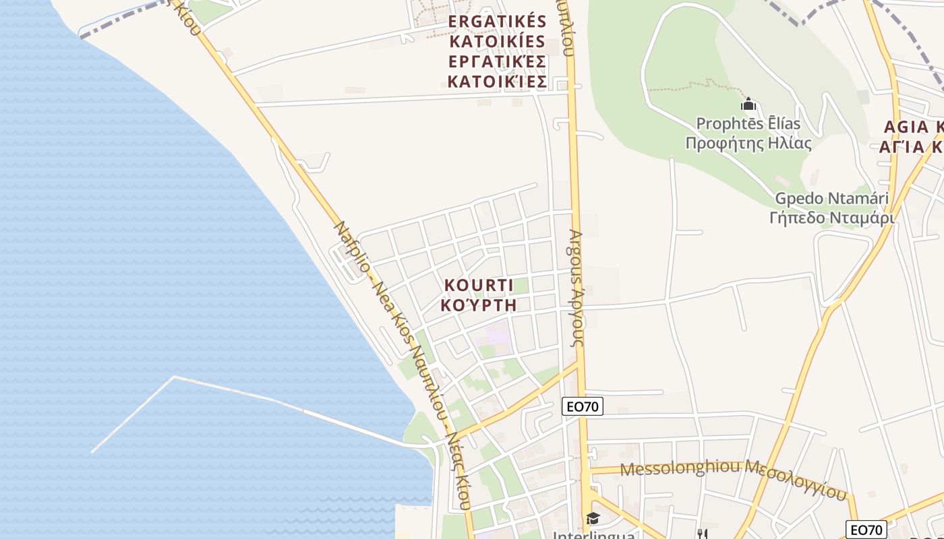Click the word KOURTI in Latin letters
pyautogui.click(x=478, y=285)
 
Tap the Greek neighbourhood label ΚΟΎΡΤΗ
pyautogui.click(x=478, y=305)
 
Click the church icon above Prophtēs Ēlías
pyautogui.click(x=748, y=104)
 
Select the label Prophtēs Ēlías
pyautogui.click(x=748, y=124)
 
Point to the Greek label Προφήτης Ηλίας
pyautogui.click(x=748, y=143)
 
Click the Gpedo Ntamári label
pyautogui.click(x=831, y=199)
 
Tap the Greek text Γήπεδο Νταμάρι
pyautogui.click(x=831, y=218)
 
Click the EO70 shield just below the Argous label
pyautogui.click(x=582, y=406)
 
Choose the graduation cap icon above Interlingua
pyautogui.click(x=593, y=518)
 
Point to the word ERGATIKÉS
pyautogui.click(x=497, y=22)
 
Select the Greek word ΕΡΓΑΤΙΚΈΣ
pyautogui.click(x=497, y=62)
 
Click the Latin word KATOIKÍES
pyautogui.click(x=497, y=42)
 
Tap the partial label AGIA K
pyautogui.click(x=914, y=127)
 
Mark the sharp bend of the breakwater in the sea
pyautogui.click(x=174, y=377)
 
